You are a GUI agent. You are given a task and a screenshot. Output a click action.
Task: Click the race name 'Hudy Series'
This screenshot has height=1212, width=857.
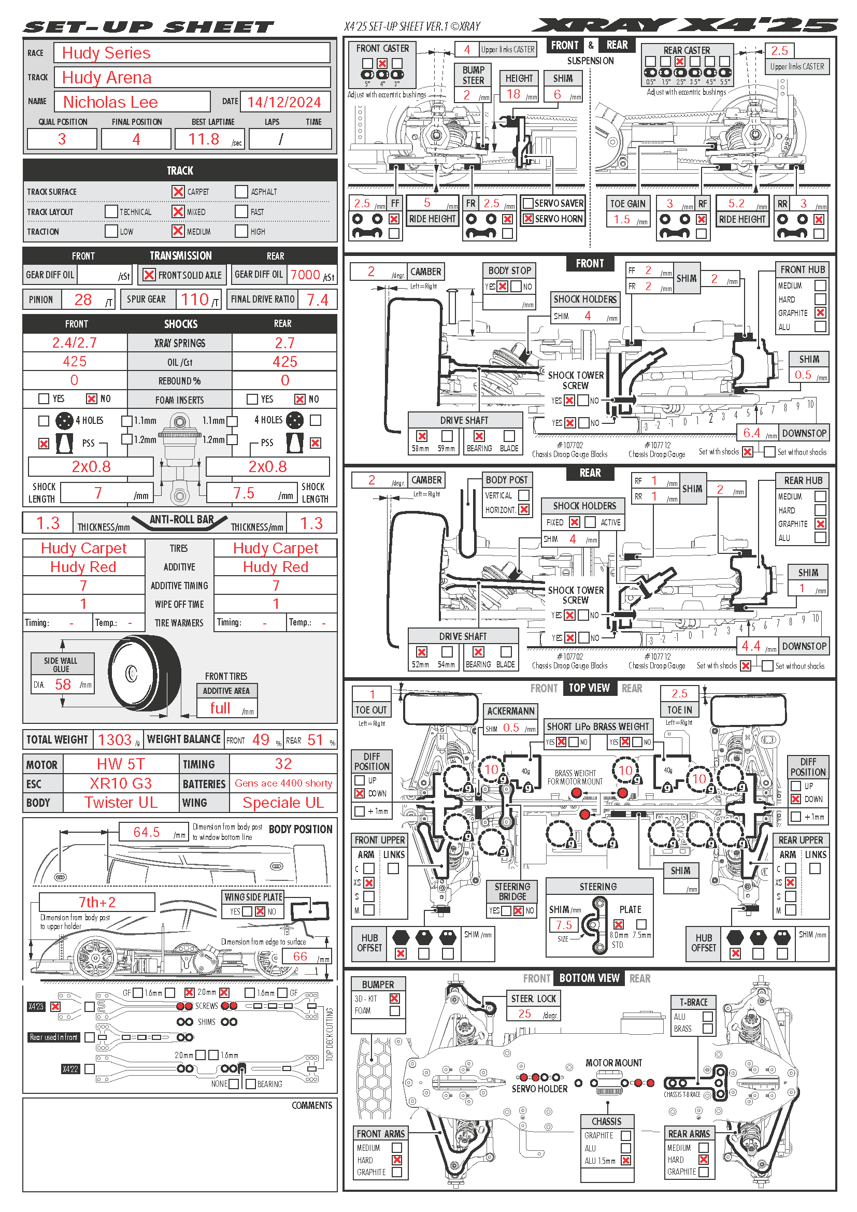106,53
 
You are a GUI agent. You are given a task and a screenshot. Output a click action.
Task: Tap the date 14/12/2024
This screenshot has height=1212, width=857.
284,103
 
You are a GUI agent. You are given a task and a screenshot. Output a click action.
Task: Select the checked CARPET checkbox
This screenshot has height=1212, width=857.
178,192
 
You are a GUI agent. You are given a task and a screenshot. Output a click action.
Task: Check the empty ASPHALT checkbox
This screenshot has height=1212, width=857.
241,192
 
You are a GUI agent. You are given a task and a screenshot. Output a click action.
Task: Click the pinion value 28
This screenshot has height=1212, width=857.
83,300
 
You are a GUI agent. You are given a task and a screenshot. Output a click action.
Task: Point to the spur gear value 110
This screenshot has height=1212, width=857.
195,300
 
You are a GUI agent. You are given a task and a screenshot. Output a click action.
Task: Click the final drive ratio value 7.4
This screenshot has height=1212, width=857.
317,301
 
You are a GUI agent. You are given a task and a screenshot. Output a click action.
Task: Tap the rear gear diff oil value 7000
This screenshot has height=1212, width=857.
305,275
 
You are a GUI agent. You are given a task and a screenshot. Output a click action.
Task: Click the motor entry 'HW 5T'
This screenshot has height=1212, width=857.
120,764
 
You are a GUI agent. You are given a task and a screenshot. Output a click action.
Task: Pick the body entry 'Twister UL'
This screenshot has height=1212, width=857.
121,802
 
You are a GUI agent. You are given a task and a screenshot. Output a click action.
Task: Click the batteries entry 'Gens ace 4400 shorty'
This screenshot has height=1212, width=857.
283,783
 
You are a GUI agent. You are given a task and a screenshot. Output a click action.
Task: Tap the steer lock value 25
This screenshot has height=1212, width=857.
524,1014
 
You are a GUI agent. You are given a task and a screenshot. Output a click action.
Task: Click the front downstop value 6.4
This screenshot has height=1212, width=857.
751,433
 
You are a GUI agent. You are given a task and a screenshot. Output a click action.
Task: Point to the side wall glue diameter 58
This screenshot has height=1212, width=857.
63,685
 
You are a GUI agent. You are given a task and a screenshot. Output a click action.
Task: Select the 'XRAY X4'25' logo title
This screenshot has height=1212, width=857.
684,25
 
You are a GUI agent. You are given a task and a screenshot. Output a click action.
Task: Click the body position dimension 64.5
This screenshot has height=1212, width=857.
146,833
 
